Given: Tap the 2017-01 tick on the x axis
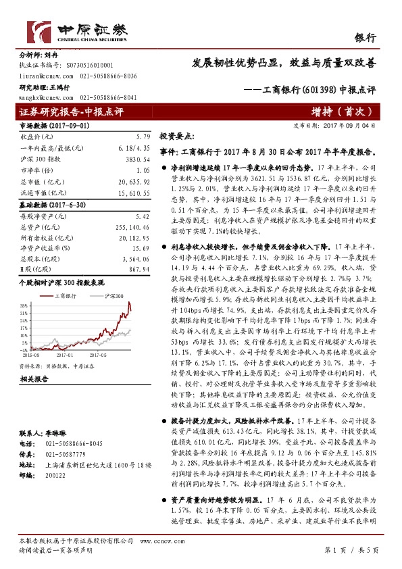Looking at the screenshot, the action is [x=65, y=353].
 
